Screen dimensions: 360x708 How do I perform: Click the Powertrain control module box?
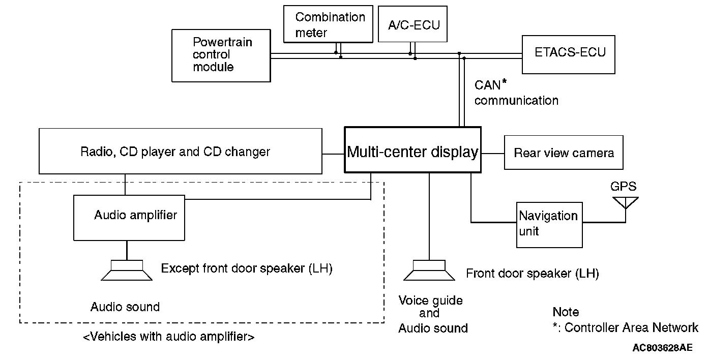(221, 55)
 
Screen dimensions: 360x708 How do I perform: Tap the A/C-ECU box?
(413, 24)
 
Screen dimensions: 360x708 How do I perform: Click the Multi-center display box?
(412, 152)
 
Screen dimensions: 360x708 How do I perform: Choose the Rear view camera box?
(564, 153)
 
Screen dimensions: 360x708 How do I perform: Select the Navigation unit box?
(549, 224)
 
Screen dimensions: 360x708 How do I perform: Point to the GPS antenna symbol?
(625, 203)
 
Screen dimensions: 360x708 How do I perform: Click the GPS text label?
(623, 187)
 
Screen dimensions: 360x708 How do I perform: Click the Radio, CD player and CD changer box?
(181, 151)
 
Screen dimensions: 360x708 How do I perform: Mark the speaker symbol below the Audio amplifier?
(127, 270)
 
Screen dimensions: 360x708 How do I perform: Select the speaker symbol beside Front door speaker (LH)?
(429, 270)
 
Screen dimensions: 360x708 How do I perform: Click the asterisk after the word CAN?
(505, 81)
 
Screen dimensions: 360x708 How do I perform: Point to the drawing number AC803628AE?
(662, 348)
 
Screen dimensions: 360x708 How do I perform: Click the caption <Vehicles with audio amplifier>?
(168, 336)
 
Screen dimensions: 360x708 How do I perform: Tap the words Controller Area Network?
(631, 327)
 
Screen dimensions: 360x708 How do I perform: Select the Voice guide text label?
(431, 300)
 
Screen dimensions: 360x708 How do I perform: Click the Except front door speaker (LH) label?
(247, 268)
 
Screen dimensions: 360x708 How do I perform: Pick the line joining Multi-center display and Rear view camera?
(492, 153)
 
